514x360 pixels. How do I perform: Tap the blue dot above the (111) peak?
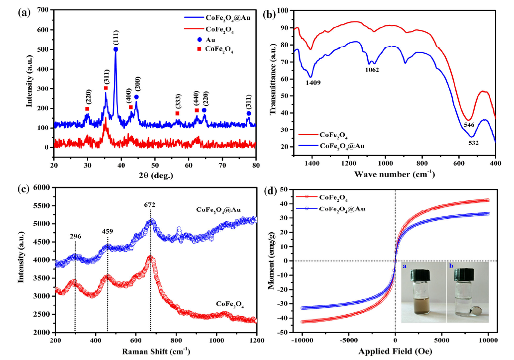(x=116, y=49)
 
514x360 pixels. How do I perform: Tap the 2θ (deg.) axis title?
(x=154, y=175)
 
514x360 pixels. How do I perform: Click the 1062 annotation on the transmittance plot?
(x=372, y=70)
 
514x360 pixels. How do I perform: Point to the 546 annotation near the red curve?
(x=469, y=124)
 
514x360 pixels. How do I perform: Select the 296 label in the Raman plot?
(x=75, y=237)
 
